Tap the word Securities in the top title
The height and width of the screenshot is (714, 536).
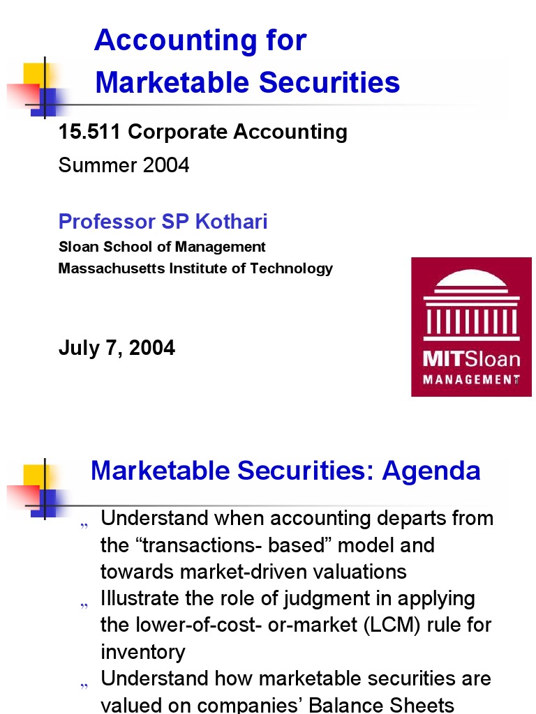click(x=329, y=82)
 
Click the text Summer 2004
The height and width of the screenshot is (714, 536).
click(x=124, y=165)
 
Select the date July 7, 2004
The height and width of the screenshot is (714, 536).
click(x=117, y=347)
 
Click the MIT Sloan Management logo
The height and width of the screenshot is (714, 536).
click(x=466, y=327)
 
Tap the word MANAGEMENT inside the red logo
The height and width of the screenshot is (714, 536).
click(x=472, y=380)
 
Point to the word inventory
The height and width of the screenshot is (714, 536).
click(x=142, y=653)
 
